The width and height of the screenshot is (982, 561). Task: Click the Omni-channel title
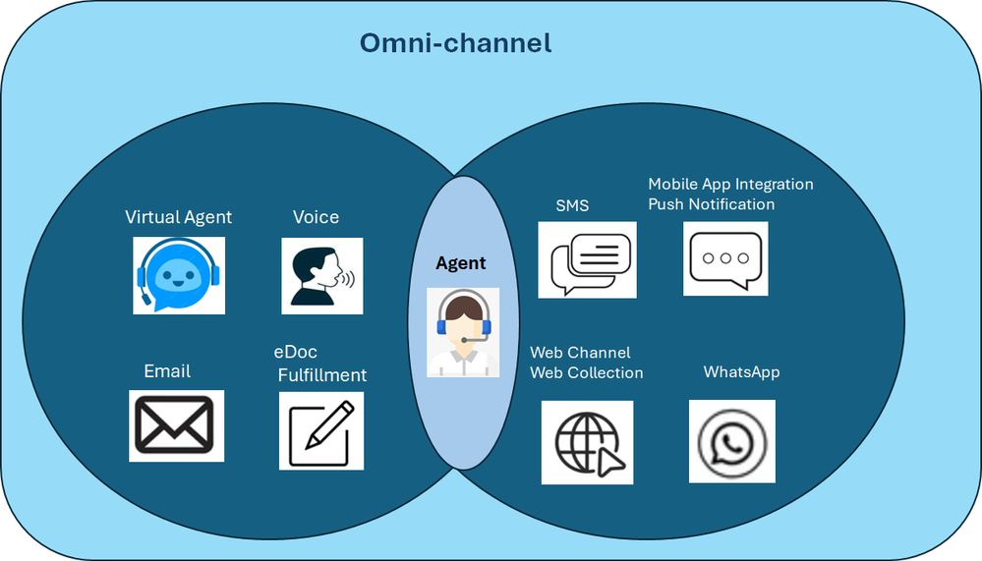(x=455, y=43)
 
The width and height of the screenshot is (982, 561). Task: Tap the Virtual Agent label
(x=179, y=217)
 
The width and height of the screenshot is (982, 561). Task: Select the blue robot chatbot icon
(x=179, y=275)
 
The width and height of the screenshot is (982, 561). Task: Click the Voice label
(x=317, y=216)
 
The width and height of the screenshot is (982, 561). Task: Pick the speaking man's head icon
(x=321, y=276)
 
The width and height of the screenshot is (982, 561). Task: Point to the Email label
(x=167, y=371)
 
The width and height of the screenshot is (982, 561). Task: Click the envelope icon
(x=177, y=425)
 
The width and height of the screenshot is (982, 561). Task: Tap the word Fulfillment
(x=321, y=375)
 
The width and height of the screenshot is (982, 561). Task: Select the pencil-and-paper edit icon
(x=321, y=430)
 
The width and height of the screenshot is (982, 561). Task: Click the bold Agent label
(x=460, y=263)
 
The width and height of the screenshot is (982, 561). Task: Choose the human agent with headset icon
(x=463, y=332)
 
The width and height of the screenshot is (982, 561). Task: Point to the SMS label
(x=572, y=205)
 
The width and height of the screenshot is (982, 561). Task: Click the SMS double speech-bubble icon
(x=588, y=259)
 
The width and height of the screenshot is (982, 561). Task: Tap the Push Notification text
(x=712, y=204)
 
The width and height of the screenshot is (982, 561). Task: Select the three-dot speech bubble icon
(x=725, y=258)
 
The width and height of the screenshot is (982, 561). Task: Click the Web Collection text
(x=587, y=372)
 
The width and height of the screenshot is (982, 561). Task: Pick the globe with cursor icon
(x=588, y=443)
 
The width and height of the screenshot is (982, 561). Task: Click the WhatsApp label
(x=741, y=372)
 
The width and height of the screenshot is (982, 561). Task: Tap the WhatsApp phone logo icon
(x=732, y=441)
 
